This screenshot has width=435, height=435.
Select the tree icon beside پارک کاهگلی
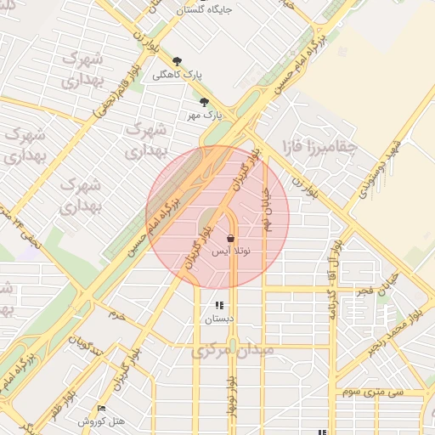coord(177,61)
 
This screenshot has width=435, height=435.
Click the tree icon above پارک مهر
coord(204,102)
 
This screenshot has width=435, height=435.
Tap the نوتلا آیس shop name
coord(230,251)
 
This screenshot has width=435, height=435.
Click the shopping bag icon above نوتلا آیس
coord(230,239)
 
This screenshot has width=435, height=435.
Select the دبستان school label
coord(218,319)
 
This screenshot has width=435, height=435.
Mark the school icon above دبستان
coord(219,305)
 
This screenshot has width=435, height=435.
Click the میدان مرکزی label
coord(231,350)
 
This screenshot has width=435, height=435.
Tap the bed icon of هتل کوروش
coord(102,409)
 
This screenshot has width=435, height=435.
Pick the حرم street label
coord(116,315)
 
